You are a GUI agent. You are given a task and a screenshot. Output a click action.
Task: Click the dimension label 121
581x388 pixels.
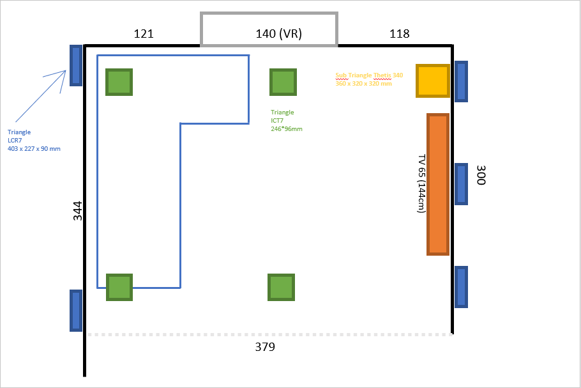[x=144, y=33]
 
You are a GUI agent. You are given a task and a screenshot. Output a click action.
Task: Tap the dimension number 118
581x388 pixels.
[x=400, y=33]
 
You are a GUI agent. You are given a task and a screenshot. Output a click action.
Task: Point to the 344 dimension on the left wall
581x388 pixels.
[x=77, y=211]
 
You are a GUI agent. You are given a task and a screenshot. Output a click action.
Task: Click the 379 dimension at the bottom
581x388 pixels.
[x=265, y=347]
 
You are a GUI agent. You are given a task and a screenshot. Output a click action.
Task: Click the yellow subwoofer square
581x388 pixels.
[x=433, y=81]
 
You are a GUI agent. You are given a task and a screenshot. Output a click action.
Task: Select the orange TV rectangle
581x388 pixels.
[x=438, y=184]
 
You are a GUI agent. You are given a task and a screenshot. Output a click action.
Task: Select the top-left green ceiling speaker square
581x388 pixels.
[x=119, y=82]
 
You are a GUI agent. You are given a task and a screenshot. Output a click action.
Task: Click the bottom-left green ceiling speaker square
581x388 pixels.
[x=119, y=287]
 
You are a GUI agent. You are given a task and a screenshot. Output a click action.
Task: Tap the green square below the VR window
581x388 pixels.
[x=283, y=82]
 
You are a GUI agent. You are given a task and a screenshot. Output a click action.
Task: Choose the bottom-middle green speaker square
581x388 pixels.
[x=281, y=287]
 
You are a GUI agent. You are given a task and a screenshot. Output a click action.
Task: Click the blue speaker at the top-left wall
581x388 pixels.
[x=76, y=66]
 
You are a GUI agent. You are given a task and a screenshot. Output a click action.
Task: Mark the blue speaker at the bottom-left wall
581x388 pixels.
[x=76, y=311]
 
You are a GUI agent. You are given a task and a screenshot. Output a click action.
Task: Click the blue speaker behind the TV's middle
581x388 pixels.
[x=461, y=184]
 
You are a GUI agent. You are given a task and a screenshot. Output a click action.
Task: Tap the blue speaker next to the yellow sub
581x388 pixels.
[x=461, y=81]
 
